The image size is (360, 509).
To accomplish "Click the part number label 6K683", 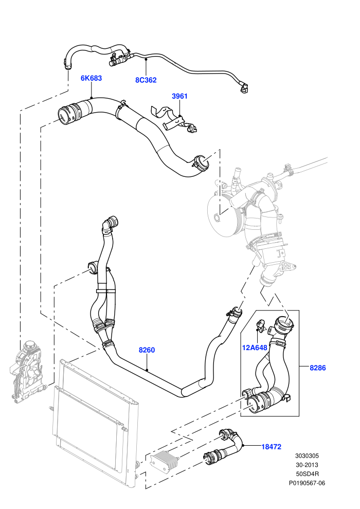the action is [x=91, y=78].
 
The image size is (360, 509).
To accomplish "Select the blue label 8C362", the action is [x=146, y=80].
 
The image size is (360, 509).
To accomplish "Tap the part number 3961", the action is [x=179, y=96].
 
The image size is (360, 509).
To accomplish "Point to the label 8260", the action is [x=147, y=350].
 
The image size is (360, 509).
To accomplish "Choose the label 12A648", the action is [x=255, y=348].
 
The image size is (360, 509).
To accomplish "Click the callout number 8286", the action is [x=317, y=368].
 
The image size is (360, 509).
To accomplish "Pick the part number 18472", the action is [x=272, y=447].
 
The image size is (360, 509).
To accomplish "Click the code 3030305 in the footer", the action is [x=307, y=456].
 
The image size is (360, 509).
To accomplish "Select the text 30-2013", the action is [x=307, y=465].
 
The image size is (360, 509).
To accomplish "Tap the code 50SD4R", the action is [x=307, y=474].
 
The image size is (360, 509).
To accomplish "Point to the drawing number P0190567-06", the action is [x=307, y=483].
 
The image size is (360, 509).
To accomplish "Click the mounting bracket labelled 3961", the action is [x=174, y=119].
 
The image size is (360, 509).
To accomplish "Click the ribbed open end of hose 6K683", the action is [x=68, y=114].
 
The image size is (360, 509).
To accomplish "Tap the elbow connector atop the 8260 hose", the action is [x=110, y=224].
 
